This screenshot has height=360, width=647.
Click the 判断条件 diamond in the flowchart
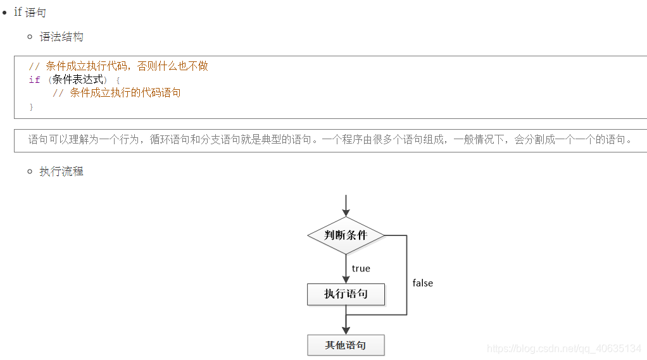pos(346,235)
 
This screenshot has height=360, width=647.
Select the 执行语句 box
pos(346,294)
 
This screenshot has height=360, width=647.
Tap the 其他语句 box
pos(346,345)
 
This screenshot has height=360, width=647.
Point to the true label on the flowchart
pos(361,269)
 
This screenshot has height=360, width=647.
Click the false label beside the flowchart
pos(422,283)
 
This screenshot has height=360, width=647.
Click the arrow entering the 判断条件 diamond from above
pos(346,206)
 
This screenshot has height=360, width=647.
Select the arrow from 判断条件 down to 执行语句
pos(346,269)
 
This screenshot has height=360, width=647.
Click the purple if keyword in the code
pos(34,80)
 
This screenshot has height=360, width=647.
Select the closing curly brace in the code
pos(31,107)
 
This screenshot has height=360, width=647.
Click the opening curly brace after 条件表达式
pos(117,80)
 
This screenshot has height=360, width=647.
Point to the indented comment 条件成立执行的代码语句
pos(116,93)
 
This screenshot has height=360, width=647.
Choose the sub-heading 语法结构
pos(61,37)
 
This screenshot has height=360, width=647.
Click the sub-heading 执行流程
pos(61,171)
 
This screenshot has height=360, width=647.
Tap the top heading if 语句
pos(30,13)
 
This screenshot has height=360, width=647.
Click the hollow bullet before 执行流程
pos(30,171)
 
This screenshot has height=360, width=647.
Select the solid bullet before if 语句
pos(5,13)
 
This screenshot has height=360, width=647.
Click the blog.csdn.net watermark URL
pos(563,349)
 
